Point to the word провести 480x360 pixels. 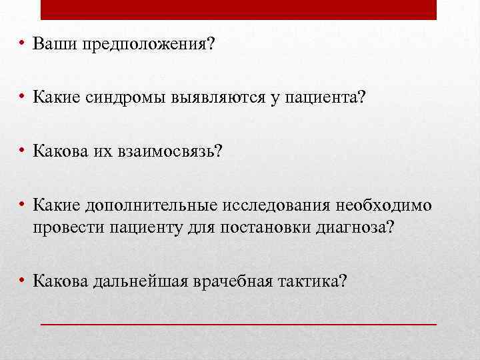coord(63,228)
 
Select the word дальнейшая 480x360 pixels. coord(141,281)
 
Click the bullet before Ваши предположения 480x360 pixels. coord(23,45)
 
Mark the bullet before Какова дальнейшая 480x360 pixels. coord(23,280)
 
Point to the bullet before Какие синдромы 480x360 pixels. coord(23,97)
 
